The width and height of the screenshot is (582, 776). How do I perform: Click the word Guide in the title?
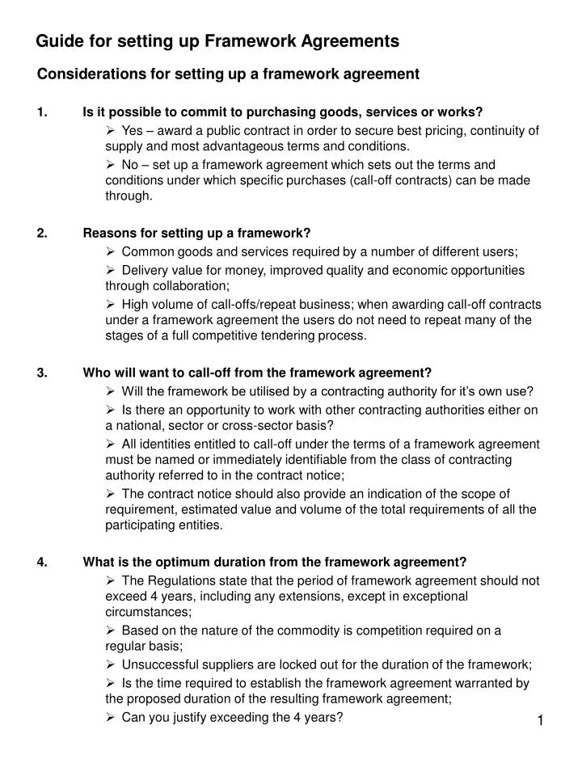point(58,40)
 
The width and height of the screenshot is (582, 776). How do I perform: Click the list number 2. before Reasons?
point(42,234)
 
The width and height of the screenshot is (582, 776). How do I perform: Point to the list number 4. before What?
point(42,563)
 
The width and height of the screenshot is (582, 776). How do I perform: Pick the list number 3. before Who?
point(42,373)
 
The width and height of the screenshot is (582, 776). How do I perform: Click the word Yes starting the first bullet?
point(133,131)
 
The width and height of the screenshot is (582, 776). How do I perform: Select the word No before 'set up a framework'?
point(130,165)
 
